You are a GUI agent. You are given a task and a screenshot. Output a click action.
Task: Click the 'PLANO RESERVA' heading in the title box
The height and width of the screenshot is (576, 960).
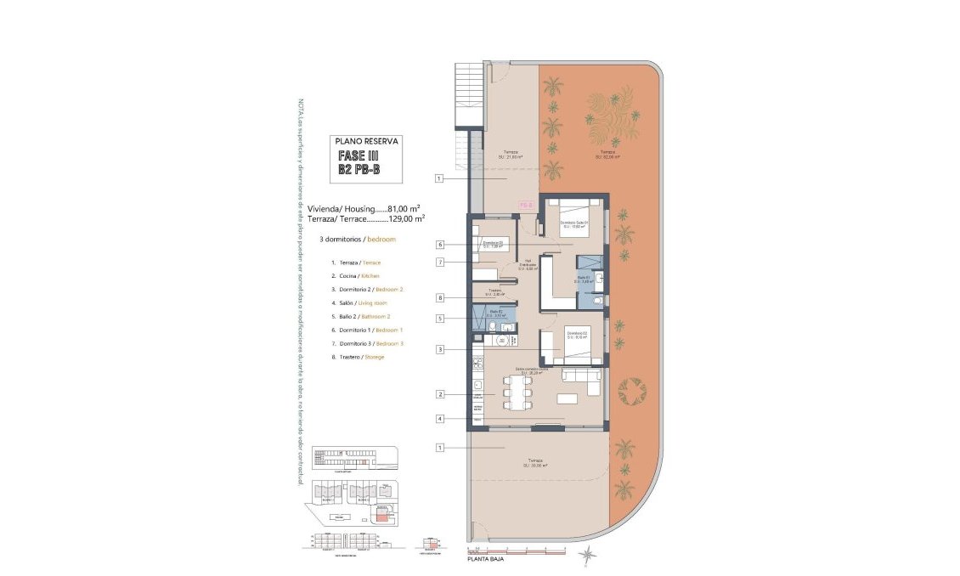coord(366,142)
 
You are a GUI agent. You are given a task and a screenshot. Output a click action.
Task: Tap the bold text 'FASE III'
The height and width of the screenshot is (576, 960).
coord(358,156)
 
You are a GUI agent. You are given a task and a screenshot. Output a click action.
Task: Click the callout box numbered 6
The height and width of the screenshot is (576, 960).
coord(439,245)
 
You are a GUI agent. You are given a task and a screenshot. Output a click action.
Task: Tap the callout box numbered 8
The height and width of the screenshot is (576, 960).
coord(439,297)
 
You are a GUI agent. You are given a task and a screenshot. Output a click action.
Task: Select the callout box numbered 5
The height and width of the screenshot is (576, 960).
coord(439,319)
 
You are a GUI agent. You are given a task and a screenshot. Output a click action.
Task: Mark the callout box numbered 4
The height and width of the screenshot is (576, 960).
coord(439,419)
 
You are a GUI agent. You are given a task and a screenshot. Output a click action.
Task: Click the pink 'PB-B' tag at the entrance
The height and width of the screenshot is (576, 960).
coord(526,205)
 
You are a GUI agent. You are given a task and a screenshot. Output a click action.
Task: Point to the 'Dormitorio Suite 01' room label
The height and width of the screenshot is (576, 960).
coord(574,224)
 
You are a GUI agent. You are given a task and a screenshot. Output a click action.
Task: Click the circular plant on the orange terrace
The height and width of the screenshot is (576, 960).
coord(634,391)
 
